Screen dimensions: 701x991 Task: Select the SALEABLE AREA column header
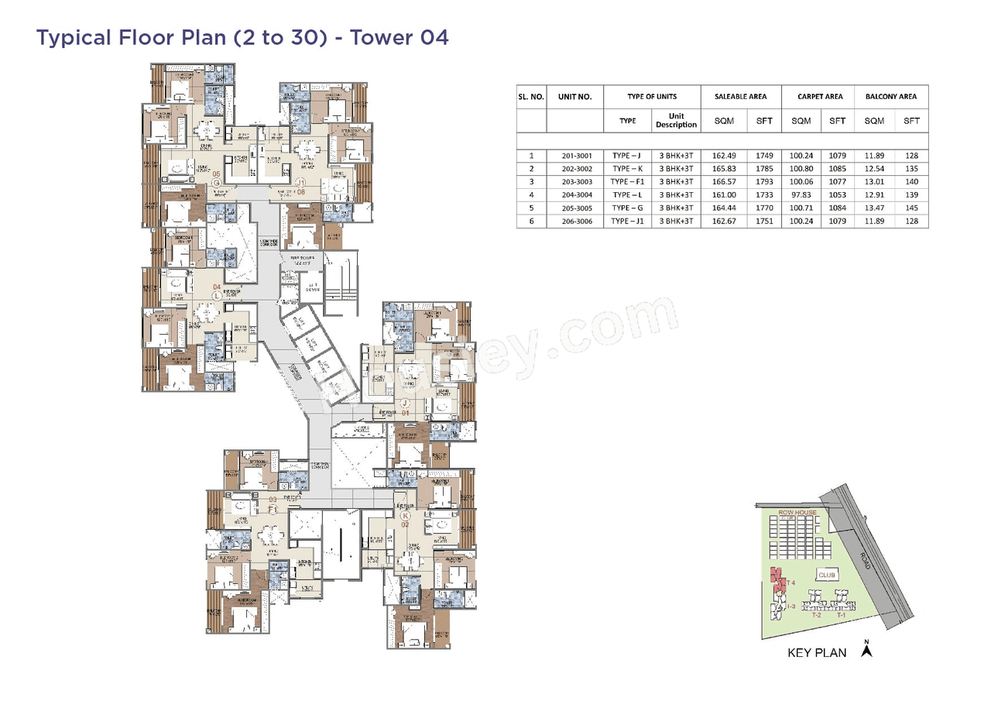tap(741, 97)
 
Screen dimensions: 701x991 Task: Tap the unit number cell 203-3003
tap(576, 181)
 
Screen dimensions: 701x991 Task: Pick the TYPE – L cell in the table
tap(627, 194)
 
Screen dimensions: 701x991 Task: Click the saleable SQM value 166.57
tap(723, 181)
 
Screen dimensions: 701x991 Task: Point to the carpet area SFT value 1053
tap(837, 194)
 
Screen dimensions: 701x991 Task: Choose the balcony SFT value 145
tap(911, 208)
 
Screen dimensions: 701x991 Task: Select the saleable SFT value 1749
tap(763, 155)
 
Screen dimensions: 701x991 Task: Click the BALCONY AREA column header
tap(891, 97)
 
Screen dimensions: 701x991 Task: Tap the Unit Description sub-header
tap(676, 120)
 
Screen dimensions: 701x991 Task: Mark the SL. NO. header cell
tap(531, 97)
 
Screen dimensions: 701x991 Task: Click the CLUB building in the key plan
tap(827, 575)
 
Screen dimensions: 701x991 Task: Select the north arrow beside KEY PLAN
tap(867, 650)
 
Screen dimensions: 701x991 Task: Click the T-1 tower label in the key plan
tap(841, 613)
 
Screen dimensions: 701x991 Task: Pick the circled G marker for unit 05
tap(218, 183)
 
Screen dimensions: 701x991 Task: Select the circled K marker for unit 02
tap(404, 514)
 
